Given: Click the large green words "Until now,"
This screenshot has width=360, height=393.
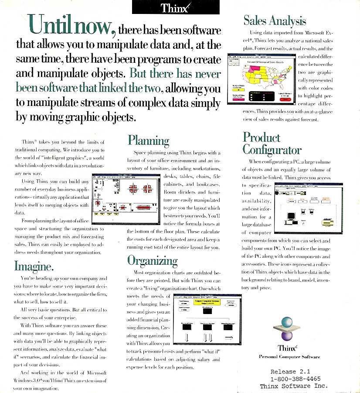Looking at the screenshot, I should [x=71, y=26].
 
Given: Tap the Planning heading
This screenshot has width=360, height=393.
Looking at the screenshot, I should [x=148, y=140].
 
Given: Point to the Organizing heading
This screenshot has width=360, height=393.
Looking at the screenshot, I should [x=152, y=260].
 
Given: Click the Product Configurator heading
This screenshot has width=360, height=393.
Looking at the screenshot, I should [x=272, y=144].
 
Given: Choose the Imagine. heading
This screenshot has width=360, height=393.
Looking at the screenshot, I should [x=34, y=265].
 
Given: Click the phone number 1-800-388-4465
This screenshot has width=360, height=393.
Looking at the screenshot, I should [x=293, y=379].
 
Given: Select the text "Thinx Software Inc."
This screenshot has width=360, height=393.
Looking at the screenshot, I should [x=293, y=386].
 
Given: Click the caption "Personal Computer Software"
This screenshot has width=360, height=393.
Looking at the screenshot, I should [x=289, y=357].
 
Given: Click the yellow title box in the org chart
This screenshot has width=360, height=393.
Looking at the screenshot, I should [x=207, y=302].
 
